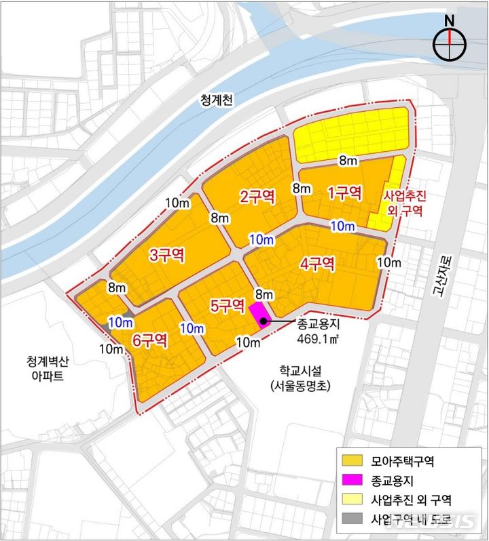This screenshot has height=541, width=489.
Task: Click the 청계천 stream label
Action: pyautogui.click(x=216, y=100)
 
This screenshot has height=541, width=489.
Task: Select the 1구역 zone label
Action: pyautogui.click(x=344, y=193)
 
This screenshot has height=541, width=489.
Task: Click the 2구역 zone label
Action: pyautogui.click(x=257, y=197)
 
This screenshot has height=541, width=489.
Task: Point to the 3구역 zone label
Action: pyautogui.click(x=166, y=256)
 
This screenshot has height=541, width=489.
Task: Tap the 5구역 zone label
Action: pyautogui.click(x=227, y=306)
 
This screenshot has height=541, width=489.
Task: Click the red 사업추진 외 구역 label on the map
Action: pyautogui.click(x=405, y=203)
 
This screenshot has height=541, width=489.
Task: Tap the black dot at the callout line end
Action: pyautogui.click(x=263, y=321)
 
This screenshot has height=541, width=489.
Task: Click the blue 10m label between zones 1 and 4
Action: pyautogui.click(x=342, y=225)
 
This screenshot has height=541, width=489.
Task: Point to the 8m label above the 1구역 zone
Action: pyautogui.click(x=347, y=161)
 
